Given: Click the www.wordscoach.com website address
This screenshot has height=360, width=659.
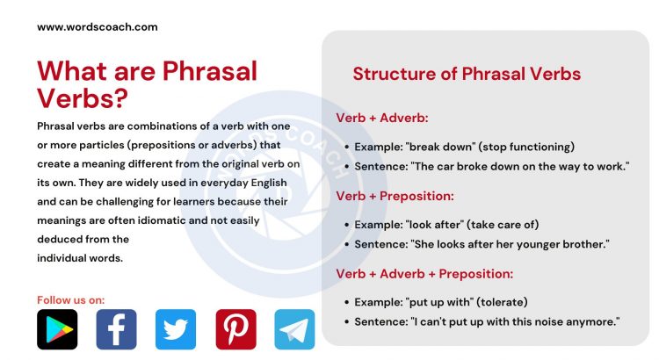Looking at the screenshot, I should point(98,26).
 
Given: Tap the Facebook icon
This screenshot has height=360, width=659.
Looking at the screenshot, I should point(116,329).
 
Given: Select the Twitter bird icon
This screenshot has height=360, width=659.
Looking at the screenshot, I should point(176,329).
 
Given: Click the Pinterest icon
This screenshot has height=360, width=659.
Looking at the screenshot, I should point(235,329).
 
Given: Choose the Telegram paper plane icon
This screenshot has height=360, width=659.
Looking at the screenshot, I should point(294,329).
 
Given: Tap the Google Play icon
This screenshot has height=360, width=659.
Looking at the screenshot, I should point(57,329).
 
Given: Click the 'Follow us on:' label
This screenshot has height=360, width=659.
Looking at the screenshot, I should point(70,299).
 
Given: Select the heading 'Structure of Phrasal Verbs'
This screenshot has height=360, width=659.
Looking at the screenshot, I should point(467,74).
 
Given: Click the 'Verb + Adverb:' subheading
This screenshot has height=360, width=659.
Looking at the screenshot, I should point(382,118).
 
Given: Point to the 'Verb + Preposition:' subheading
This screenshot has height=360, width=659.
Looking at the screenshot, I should point(395,196).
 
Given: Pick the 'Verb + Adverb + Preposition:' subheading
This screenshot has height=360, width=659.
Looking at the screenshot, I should point(424,274).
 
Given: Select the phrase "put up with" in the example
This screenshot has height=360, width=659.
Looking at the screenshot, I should point(453,303).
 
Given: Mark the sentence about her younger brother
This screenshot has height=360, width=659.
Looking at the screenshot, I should point(481,244).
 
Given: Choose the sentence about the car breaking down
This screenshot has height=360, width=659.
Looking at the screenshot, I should point(492,166).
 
